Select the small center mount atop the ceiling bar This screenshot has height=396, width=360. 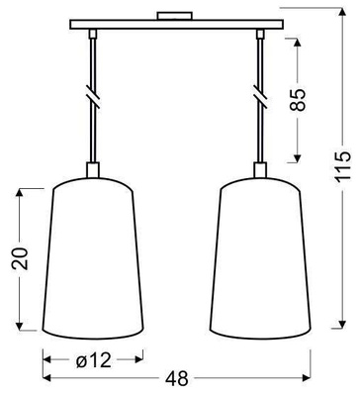[177, 17]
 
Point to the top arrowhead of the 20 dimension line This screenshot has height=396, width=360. [20, 188]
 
